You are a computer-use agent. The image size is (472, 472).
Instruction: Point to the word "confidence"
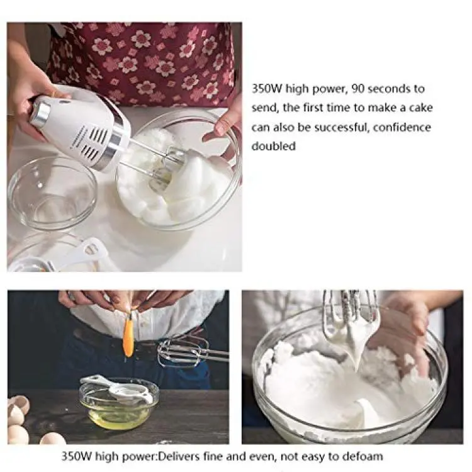click(x=402, y=127)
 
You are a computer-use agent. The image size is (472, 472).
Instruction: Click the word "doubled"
click(x=274, y=146)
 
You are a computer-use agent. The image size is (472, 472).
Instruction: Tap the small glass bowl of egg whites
click(x=119, y=405)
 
